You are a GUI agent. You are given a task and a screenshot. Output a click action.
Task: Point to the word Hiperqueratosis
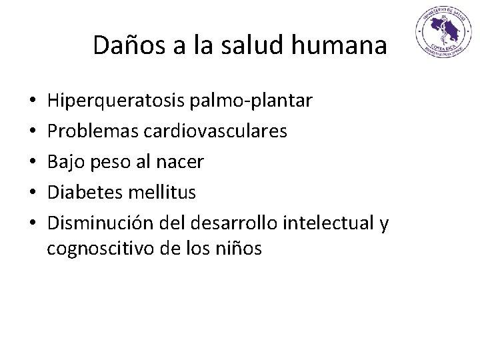(x=117, y=101)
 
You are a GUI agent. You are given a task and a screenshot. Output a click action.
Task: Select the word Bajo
(x=67, y=162)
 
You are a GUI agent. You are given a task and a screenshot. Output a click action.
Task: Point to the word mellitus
(x=165, y=193)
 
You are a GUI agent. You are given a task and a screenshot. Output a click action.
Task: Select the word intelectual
(x=328, y=223)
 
